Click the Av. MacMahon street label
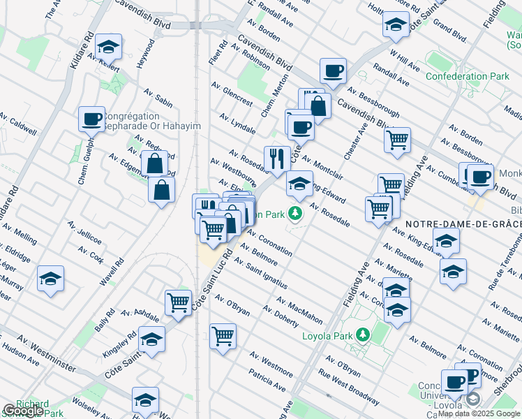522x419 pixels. tap(299, 311)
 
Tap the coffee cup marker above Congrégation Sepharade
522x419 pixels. tap(91, 119)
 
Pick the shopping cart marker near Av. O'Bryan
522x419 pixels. tap(223, 336)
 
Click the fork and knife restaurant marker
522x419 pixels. tap(277, 159)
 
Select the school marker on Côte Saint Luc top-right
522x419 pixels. tap(396, 26)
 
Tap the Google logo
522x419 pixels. tap(22, 411)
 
